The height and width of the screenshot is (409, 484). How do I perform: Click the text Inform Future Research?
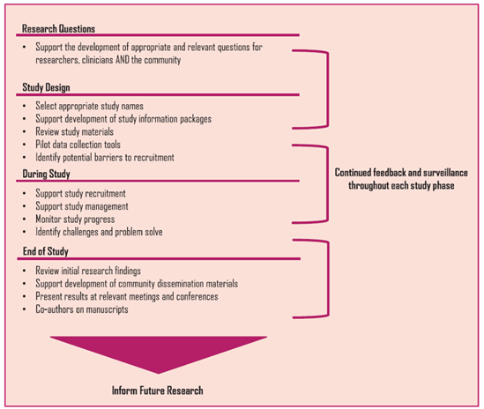(159, 389)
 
